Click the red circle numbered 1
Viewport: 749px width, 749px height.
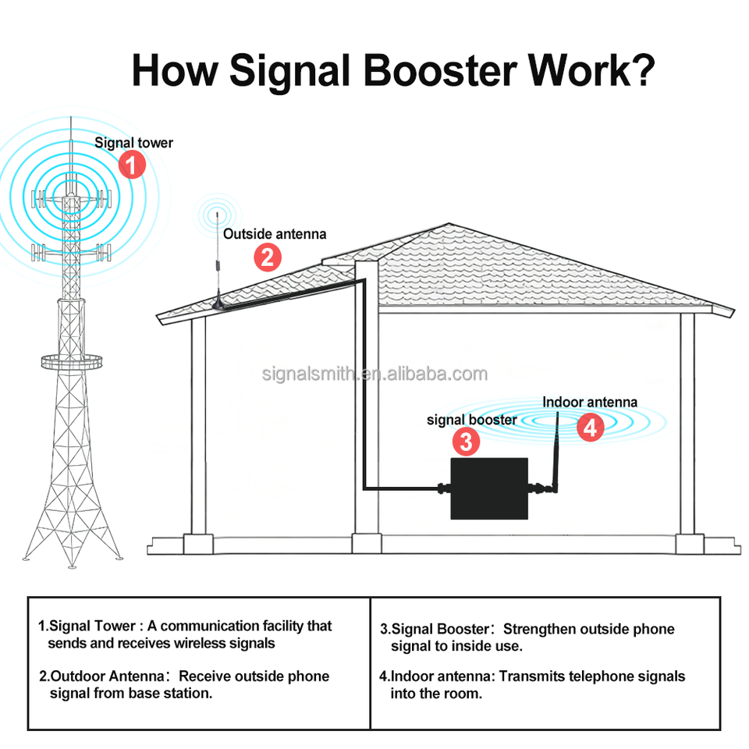click(133, 165)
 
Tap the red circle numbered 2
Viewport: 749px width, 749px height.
click(268, 257)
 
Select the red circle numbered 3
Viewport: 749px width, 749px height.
click(466, 442)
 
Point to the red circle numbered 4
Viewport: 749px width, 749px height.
click(591, 427)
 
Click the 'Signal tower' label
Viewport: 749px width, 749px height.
click(133, 143)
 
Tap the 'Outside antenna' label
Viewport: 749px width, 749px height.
click(275, 233)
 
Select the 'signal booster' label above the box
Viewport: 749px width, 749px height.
click(471, 420)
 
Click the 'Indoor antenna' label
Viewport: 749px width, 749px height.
click(590, 403)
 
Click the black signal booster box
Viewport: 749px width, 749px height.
click(489, 489)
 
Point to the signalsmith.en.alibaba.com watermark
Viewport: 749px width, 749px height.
click(374, 374)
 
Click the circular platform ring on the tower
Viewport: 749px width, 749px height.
click(72, 361)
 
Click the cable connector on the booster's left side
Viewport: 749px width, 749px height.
click(442, 490)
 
